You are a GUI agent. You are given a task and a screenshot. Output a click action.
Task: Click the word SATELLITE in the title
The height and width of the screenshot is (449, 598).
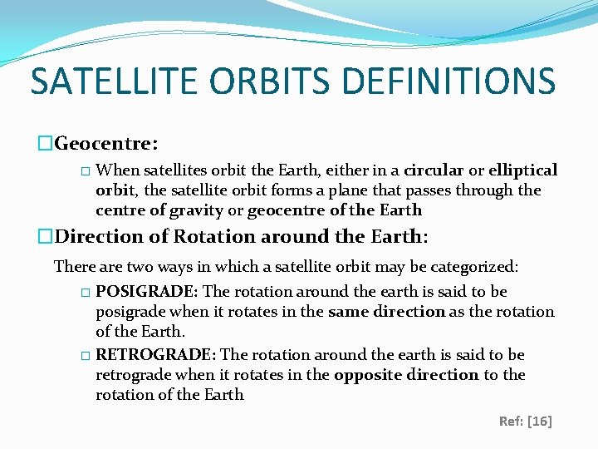114,81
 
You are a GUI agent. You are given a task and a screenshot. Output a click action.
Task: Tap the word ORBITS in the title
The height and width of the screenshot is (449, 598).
269,81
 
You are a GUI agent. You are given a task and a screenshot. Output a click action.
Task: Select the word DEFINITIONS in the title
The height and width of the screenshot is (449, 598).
448,81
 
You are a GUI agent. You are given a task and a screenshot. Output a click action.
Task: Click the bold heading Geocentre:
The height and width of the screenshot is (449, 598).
106,143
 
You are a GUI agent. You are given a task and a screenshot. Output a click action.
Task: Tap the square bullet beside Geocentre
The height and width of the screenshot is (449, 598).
45,143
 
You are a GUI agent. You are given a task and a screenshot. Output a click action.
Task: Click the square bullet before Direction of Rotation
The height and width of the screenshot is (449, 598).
45,235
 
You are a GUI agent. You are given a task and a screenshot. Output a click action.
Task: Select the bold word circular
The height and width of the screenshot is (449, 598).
434,170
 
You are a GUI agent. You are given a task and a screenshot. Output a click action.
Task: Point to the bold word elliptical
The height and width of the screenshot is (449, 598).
523,170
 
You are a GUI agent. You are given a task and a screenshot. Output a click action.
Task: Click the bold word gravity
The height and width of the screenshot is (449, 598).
196,210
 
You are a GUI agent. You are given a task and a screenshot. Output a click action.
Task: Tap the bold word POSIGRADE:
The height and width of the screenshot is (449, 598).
146,291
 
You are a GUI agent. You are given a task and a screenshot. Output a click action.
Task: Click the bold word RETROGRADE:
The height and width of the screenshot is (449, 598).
155,355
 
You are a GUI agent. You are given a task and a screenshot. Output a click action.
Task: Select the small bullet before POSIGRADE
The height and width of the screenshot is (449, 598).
86,293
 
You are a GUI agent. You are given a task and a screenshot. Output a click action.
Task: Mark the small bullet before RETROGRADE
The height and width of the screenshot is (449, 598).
86,356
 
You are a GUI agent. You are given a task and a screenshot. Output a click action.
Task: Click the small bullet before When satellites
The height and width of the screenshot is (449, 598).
86,171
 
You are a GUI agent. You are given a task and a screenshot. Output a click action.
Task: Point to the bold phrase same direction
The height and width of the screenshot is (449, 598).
387,312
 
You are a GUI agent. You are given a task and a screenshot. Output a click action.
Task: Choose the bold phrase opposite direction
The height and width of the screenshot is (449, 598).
406,375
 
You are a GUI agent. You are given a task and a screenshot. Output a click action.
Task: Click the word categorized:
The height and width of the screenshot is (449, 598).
474,267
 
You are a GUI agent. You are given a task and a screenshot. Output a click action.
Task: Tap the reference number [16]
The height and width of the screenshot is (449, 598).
540,421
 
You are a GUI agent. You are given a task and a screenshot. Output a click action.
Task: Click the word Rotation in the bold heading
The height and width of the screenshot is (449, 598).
214,236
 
